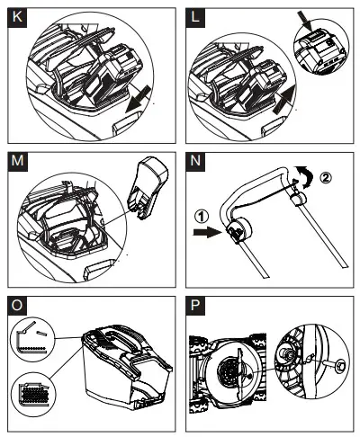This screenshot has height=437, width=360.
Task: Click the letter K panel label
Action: tap(17, 17)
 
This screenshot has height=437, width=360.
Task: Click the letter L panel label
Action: tap(195, 17)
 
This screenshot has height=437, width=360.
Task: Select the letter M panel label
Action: tap(17, 161)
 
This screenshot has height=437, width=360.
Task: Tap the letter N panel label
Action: tap(195, 161)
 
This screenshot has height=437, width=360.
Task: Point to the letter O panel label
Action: tap(17, 306)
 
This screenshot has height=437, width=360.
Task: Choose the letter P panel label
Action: tap(195, 306)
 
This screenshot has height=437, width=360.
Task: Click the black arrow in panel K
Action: tap(139, 98)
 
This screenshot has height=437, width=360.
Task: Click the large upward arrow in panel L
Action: tap(284, 99)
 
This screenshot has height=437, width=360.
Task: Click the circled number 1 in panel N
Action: tap(202, 217)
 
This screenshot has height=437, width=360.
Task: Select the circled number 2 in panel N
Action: tap(325, 177)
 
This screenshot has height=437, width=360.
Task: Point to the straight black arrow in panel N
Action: tap(206, 233)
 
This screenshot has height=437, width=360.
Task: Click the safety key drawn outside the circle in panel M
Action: tap(147, 187)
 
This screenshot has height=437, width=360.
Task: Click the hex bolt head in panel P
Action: tap(341, 365)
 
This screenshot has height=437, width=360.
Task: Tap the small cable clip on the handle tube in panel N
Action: tap(298, 199)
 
